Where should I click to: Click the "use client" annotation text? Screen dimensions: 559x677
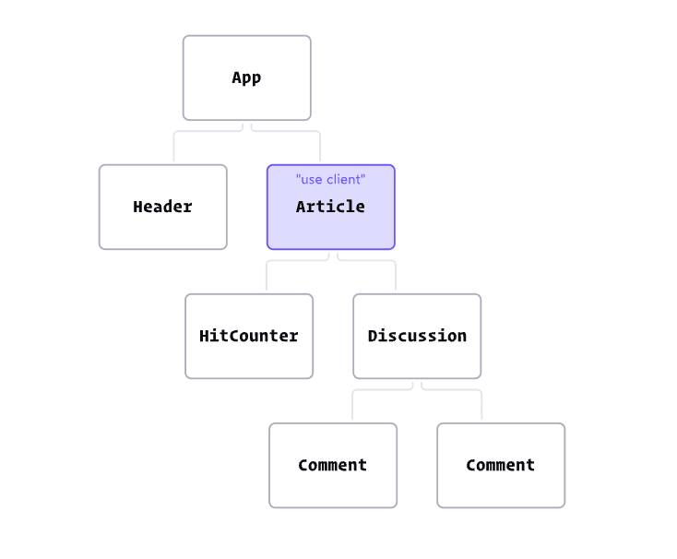pyautogui.click(x=330, y=179)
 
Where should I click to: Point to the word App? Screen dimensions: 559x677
pyautogui.click(x=246, y=77)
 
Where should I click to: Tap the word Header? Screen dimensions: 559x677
pyautogui.click(x=162, y=207)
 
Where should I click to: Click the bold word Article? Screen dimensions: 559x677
pyautogui.click(x=330, y=207)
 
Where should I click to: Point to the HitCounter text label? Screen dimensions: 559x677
pyautogui.click(x=248, y=336)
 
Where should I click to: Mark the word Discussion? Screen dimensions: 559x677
pyautogui.click(x=417, y=336)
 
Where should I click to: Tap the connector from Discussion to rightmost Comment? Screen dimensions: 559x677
pyautogui.click(x=457, y=390)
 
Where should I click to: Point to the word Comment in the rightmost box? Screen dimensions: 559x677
pyautogui.click(x=500, y=465)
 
